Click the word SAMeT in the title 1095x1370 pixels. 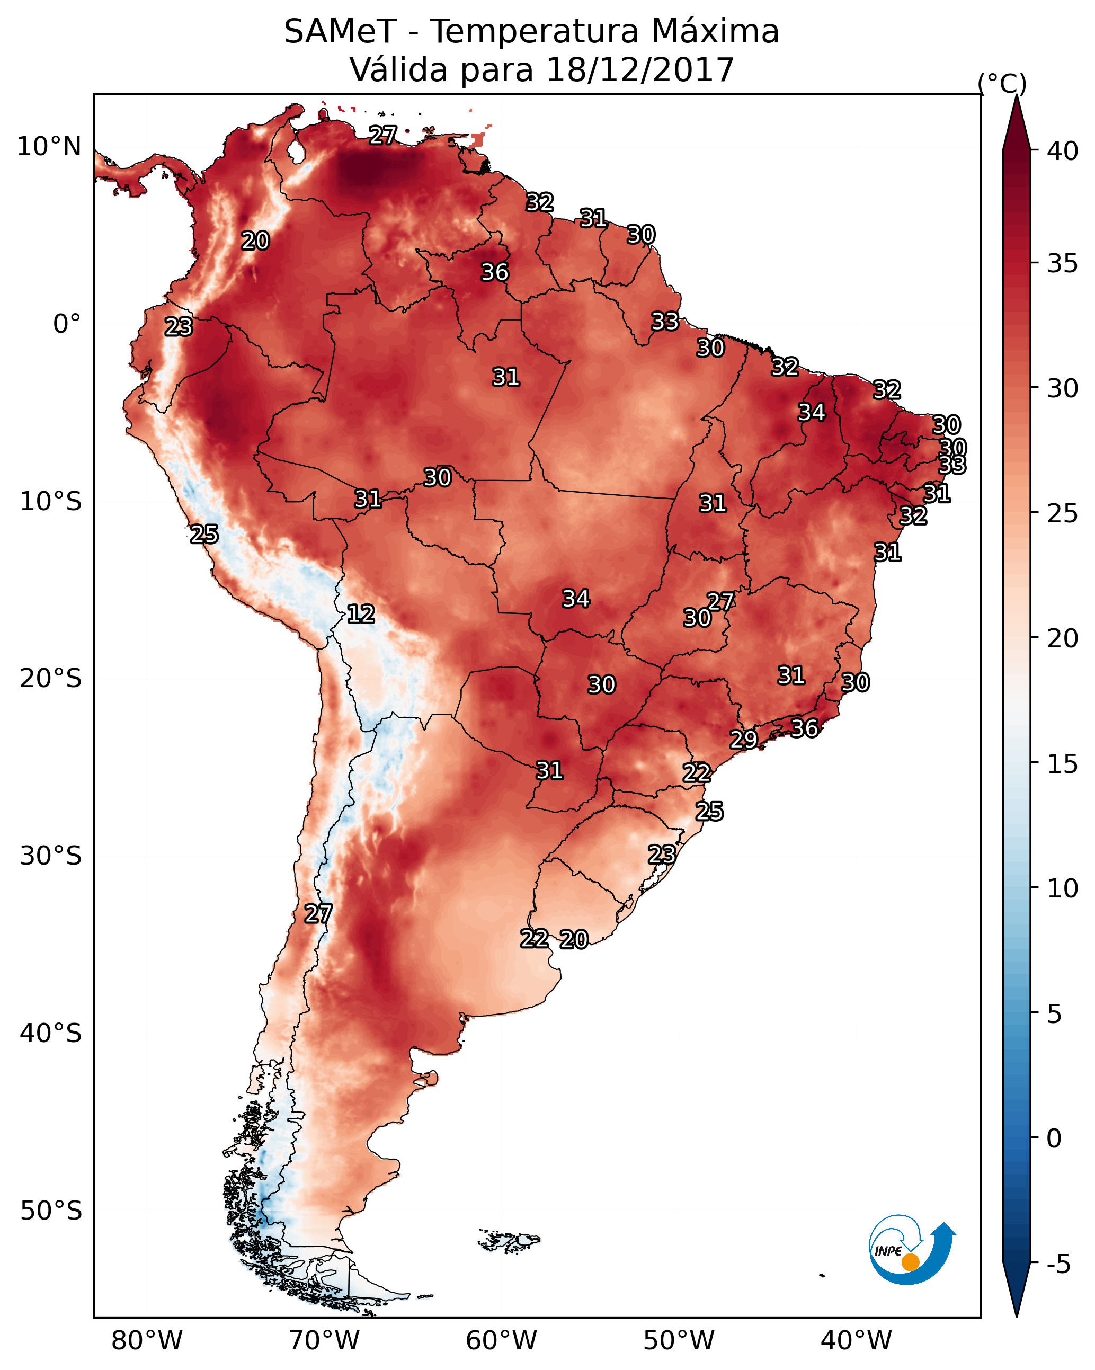coord(340,32)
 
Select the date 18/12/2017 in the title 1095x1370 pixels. coord(639,70)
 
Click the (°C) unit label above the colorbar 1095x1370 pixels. coord(1002,83)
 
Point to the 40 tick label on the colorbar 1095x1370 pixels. coord(1063,151)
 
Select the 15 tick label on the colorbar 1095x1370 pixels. coord(1063,764)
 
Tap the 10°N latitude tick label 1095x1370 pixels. coord(49,147)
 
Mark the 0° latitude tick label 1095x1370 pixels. coord(67,324)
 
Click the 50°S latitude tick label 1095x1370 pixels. coord(51,1211)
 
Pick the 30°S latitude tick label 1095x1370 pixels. coord(51,856)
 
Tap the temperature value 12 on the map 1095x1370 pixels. coord(361,615)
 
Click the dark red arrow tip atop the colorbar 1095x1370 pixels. coord(1016,121)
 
